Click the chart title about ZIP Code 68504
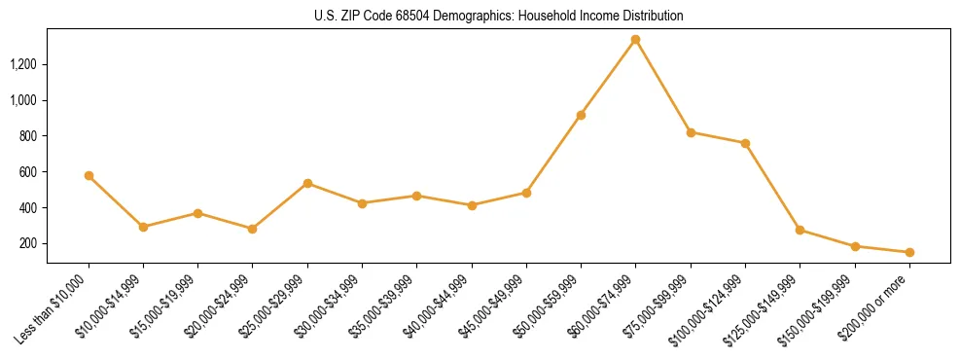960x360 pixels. point(499,16)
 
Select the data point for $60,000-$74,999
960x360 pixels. point(635,40)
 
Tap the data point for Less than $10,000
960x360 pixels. point(89,176)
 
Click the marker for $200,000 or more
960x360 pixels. point(909,252)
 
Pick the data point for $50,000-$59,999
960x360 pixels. point(581,115)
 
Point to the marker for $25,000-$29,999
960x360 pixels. point(307,183)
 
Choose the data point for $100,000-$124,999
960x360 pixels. point(745,143)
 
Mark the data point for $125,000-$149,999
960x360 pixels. point(800,230)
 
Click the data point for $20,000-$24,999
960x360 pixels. point(253,229)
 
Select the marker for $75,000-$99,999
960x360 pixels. point(691,132)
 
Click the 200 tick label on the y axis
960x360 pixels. point(30,243)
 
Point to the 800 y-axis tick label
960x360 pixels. point(30,136)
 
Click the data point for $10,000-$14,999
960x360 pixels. point(143,227)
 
